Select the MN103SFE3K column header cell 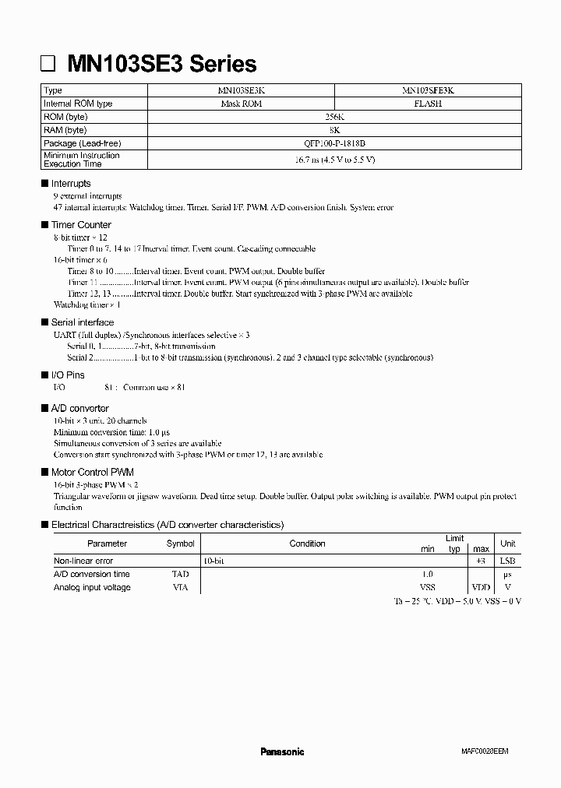pyautogui.click(x=428, y=90)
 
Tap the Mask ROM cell pyautogui.click(x=239, y=104)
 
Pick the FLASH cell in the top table pyautogui.click(x=428, y=104)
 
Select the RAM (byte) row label pyautogui.click(x=65, y=130)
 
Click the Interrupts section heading pyautogui.click(x=71, y=184)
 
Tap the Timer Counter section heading pyautogui.click(x=81, y=224)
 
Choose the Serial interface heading pyautogui.click(x=82, y=322)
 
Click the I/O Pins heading pyautogui.click(x=68, y=375)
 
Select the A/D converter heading pyautogui.click(x=79, y=408)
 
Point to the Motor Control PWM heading pyautogui.click(x=92, y=472)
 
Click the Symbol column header pyautogui.click(x=180, y=544)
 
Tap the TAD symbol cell pyautogui.click(x=180, y=574)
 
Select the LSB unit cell pyautogui.click(x=507, y=561)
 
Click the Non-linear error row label pyautogui.click(x=83, y=561)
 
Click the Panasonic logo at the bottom pyautogui.click(x=281, y=751)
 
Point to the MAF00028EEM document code pyautogui.click(x=483, y=752)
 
